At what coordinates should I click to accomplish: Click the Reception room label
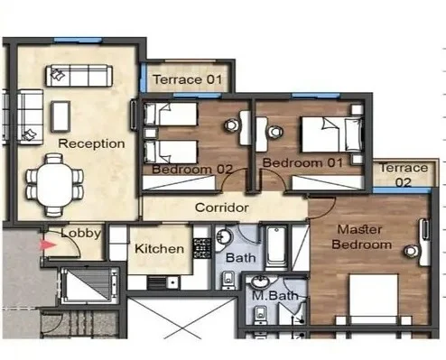91,143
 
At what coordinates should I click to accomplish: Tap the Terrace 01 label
188,79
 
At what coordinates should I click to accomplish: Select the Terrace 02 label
404,175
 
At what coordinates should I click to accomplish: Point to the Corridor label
222,208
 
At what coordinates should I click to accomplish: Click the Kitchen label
159,249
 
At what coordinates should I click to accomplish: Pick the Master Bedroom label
361,237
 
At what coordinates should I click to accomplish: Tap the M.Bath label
275,296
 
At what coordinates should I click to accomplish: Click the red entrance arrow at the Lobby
48,245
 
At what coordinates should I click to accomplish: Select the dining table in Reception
55,185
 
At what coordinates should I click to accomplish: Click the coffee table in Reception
60,116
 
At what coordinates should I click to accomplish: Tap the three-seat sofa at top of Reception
79,76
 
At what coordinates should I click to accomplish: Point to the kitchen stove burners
202,248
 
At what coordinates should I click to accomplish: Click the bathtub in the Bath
276,246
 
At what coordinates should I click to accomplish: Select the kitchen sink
173,283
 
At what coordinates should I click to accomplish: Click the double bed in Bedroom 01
332,134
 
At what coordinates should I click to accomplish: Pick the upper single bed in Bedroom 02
171,115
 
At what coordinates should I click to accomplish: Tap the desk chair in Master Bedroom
411,251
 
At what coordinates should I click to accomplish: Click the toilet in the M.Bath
260,313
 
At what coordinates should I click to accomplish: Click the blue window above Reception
78,40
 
